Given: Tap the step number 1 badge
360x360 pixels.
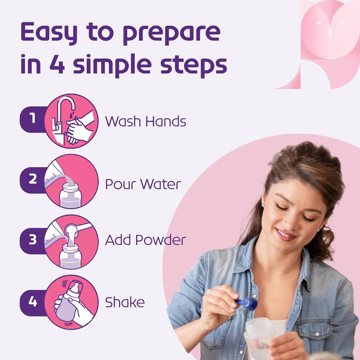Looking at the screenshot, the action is pos(33,119).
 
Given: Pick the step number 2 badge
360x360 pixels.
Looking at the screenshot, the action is pos(33,180).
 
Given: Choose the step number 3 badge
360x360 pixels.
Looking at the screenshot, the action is pos(33,240).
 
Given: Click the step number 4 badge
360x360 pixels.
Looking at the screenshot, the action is pos(33,302).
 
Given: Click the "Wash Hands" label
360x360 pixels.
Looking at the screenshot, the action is pos(145,121).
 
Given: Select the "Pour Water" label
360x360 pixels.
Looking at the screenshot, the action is pos(143,184).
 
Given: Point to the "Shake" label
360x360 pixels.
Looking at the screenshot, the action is pos(125,302).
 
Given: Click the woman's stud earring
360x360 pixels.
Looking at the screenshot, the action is pos(263,205).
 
